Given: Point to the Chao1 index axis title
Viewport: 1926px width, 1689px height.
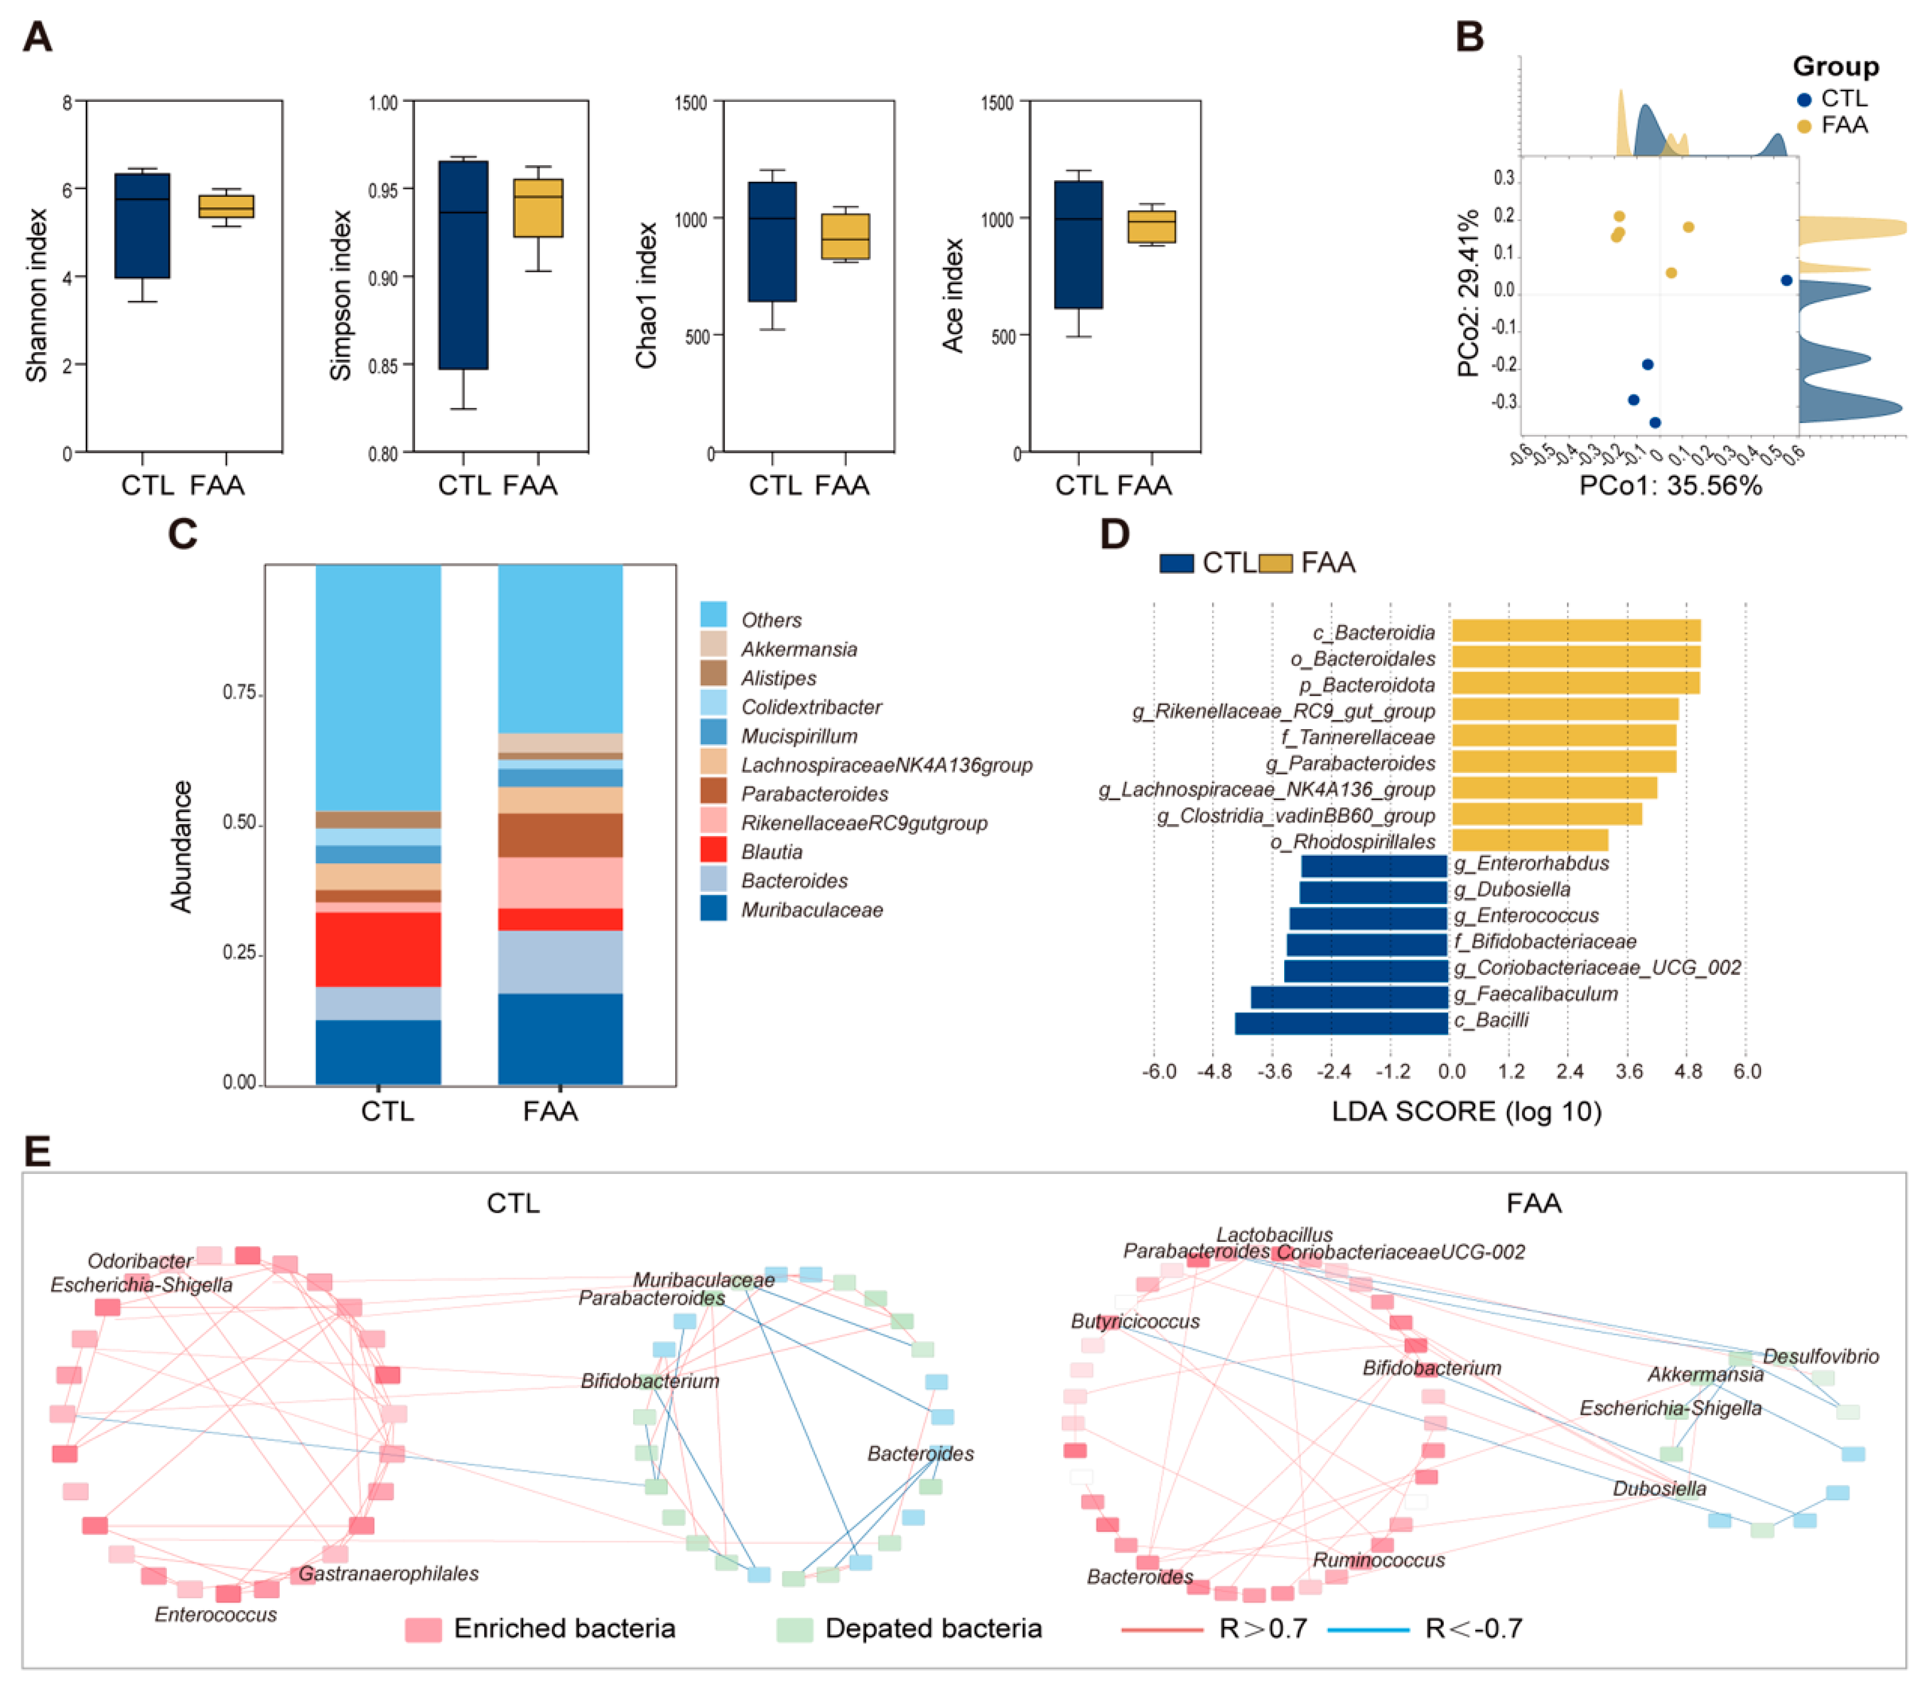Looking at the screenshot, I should (x=646, y=295).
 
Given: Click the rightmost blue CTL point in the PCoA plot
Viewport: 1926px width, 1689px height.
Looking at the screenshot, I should (x=1787, y=280).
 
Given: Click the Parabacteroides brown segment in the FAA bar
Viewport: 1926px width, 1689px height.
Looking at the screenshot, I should (x=559, y=834).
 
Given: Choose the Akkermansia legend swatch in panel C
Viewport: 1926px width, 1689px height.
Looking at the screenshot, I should (x=713, y=645).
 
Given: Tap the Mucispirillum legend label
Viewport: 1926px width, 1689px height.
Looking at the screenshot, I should (x=799, y=735).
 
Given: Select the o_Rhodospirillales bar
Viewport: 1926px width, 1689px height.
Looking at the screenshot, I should (x=1530, y=840).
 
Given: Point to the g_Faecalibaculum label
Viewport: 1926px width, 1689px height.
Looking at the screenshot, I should (x=1536, y=994).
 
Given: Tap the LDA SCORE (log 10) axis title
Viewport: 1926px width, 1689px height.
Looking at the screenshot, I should (x=1466, y=1112).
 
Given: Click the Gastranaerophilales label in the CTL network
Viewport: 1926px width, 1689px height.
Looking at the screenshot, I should (x=388, y=1573).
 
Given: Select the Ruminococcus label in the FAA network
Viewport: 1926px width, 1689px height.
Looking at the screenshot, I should (x=1379, y=1560).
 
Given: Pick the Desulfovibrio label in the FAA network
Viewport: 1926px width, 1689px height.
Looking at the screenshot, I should (x=1821, y=1356).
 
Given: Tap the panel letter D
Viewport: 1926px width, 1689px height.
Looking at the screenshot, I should (x=1115, y=534).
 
